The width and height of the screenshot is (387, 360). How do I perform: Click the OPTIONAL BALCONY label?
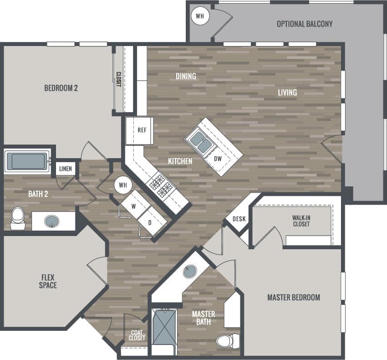(305, 24)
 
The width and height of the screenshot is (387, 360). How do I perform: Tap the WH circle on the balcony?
(199, 16)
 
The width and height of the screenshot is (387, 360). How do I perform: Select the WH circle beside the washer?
(122, 185)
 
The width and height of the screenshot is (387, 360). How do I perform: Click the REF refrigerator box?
(142, 130)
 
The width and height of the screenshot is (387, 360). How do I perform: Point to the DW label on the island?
(218, 159)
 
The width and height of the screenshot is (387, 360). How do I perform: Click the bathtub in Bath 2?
(27, 161)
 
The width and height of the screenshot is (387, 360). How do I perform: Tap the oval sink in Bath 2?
(51, 221)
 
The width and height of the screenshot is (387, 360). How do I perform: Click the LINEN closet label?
(66, 169)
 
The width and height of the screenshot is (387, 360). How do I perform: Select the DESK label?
(239, 219)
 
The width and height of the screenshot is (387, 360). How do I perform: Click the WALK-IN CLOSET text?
(301, 221)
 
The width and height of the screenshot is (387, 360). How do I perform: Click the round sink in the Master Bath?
(189, 272)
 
